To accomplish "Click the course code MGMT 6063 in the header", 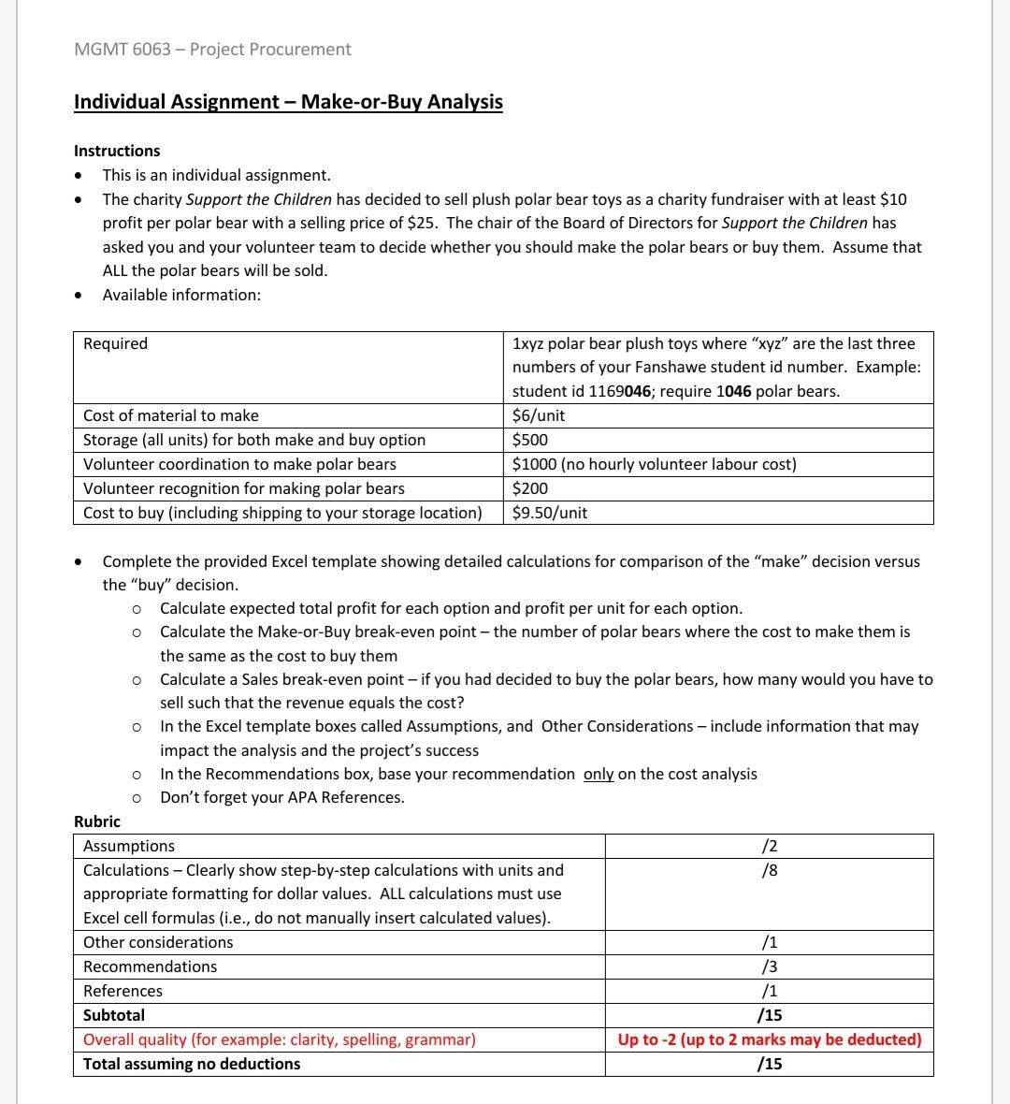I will [122, 50].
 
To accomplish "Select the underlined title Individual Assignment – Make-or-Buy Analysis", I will [288, 102].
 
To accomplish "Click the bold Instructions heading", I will [117, 151].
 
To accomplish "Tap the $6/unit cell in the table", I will [539, 415].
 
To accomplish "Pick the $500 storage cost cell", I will [530, 440].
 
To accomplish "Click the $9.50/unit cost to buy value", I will [550, 513].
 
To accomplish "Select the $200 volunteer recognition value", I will [530, 488].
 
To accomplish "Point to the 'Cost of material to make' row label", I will [171, 415].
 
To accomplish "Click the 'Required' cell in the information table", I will [115, 343].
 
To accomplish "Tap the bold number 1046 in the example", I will [734, 391].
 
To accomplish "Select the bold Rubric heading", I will [97, 821].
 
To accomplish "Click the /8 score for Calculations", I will [769, 870].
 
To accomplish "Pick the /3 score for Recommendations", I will [769, 966].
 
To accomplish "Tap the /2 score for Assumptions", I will [769, 846].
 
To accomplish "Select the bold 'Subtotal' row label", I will [114, 1015].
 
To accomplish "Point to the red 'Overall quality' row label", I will [279, 1039].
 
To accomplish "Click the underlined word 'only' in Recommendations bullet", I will [599, 774].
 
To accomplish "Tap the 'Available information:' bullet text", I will [181, 295].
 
